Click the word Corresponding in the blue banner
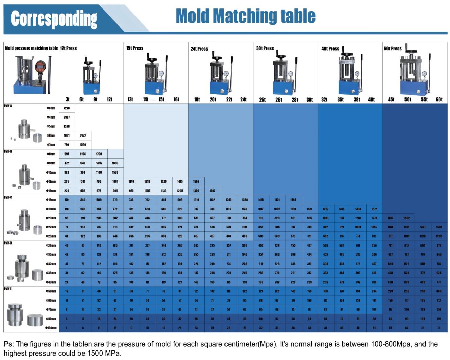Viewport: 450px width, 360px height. pyautogui.click(x=54, y=19)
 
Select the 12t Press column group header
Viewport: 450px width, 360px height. pyautogui.click(x=68, y=48)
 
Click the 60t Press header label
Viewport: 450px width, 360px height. pyautogui.click(x=393, y=48)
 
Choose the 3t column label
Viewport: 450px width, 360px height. pyautogui.click(x=67, y=99)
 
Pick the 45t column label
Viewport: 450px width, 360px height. pyautogui.click(x=391, y=100)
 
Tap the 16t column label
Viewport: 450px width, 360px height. pyautogui.click(x=176, y=99)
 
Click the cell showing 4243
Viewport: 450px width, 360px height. pyautogui.click(x=67, y=108)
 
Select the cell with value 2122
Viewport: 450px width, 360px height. pyautogui.click(x=83, y=136)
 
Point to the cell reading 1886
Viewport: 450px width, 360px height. pyautogui.click(x=115, y=163)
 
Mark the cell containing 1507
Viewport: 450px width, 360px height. pyautogui.click(x=212, y=191)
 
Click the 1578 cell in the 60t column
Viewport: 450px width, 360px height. pyautogui.click(x=439, y=227)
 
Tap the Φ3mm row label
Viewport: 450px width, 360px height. pyautogui.click(x=51, y=108)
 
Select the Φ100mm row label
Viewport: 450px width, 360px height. pyautogui.click(x=51, y=328)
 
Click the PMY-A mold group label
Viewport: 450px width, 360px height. pyautogui.click(x=8, y=106)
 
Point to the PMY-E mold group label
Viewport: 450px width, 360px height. pyautogui.click(x=8, y=289)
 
